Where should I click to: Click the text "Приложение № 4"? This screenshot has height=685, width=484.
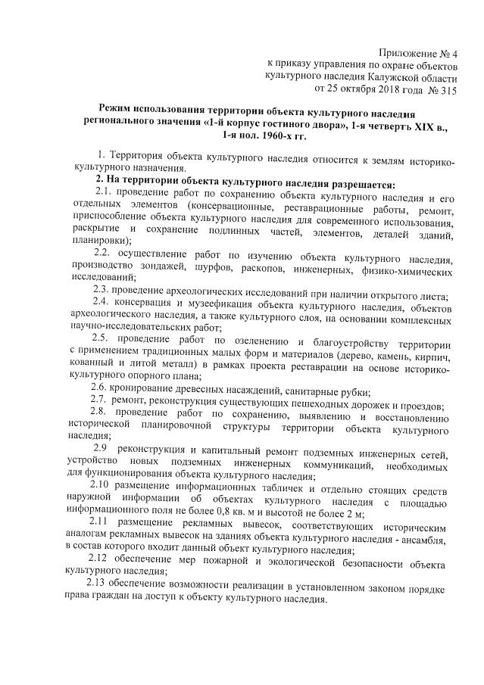coord(420,51)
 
